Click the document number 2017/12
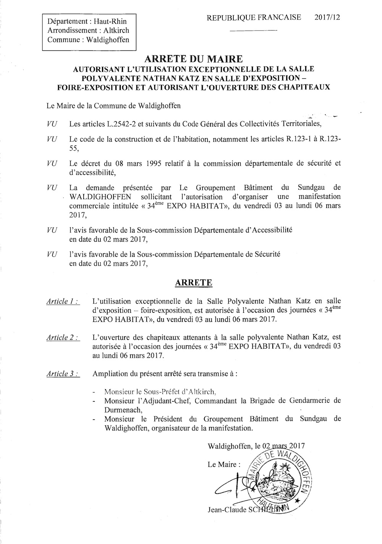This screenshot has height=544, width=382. (327, 17)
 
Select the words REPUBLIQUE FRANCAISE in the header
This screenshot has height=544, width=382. (254, 17)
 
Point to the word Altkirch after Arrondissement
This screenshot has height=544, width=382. (117, 31)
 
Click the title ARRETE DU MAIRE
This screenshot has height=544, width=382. (193, 59)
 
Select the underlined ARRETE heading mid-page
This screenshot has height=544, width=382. (193, 283)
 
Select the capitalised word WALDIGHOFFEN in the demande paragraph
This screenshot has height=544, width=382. (99, 197)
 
